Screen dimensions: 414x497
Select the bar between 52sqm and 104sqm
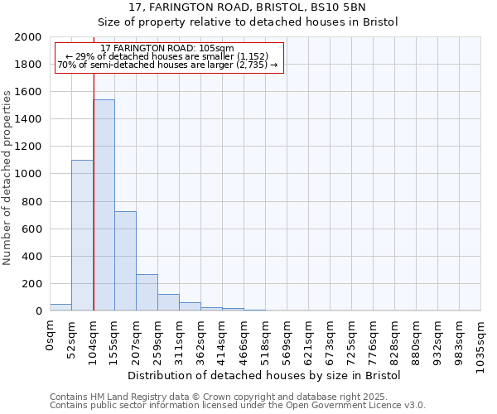(x=82, y=235)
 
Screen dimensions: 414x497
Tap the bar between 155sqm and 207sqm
(x=125, y=261)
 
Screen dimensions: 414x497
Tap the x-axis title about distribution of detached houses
(x=265, y=375)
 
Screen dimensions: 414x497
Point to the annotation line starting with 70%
(x=167, y=65)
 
